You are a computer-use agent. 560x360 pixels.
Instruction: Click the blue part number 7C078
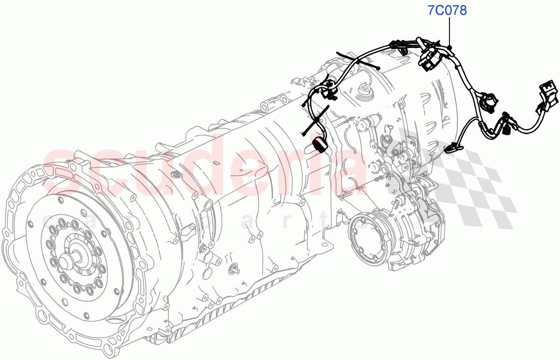[x=448, y=10]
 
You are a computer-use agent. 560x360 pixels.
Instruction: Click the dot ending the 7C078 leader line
[x=450, y=47]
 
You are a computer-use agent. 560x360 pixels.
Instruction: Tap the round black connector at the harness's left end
[x=320, y=145]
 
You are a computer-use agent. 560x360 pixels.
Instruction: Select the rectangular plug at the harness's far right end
[x=548, y=95]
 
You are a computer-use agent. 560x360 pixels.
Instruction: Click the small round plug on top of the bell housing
[x=177, y=174]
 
